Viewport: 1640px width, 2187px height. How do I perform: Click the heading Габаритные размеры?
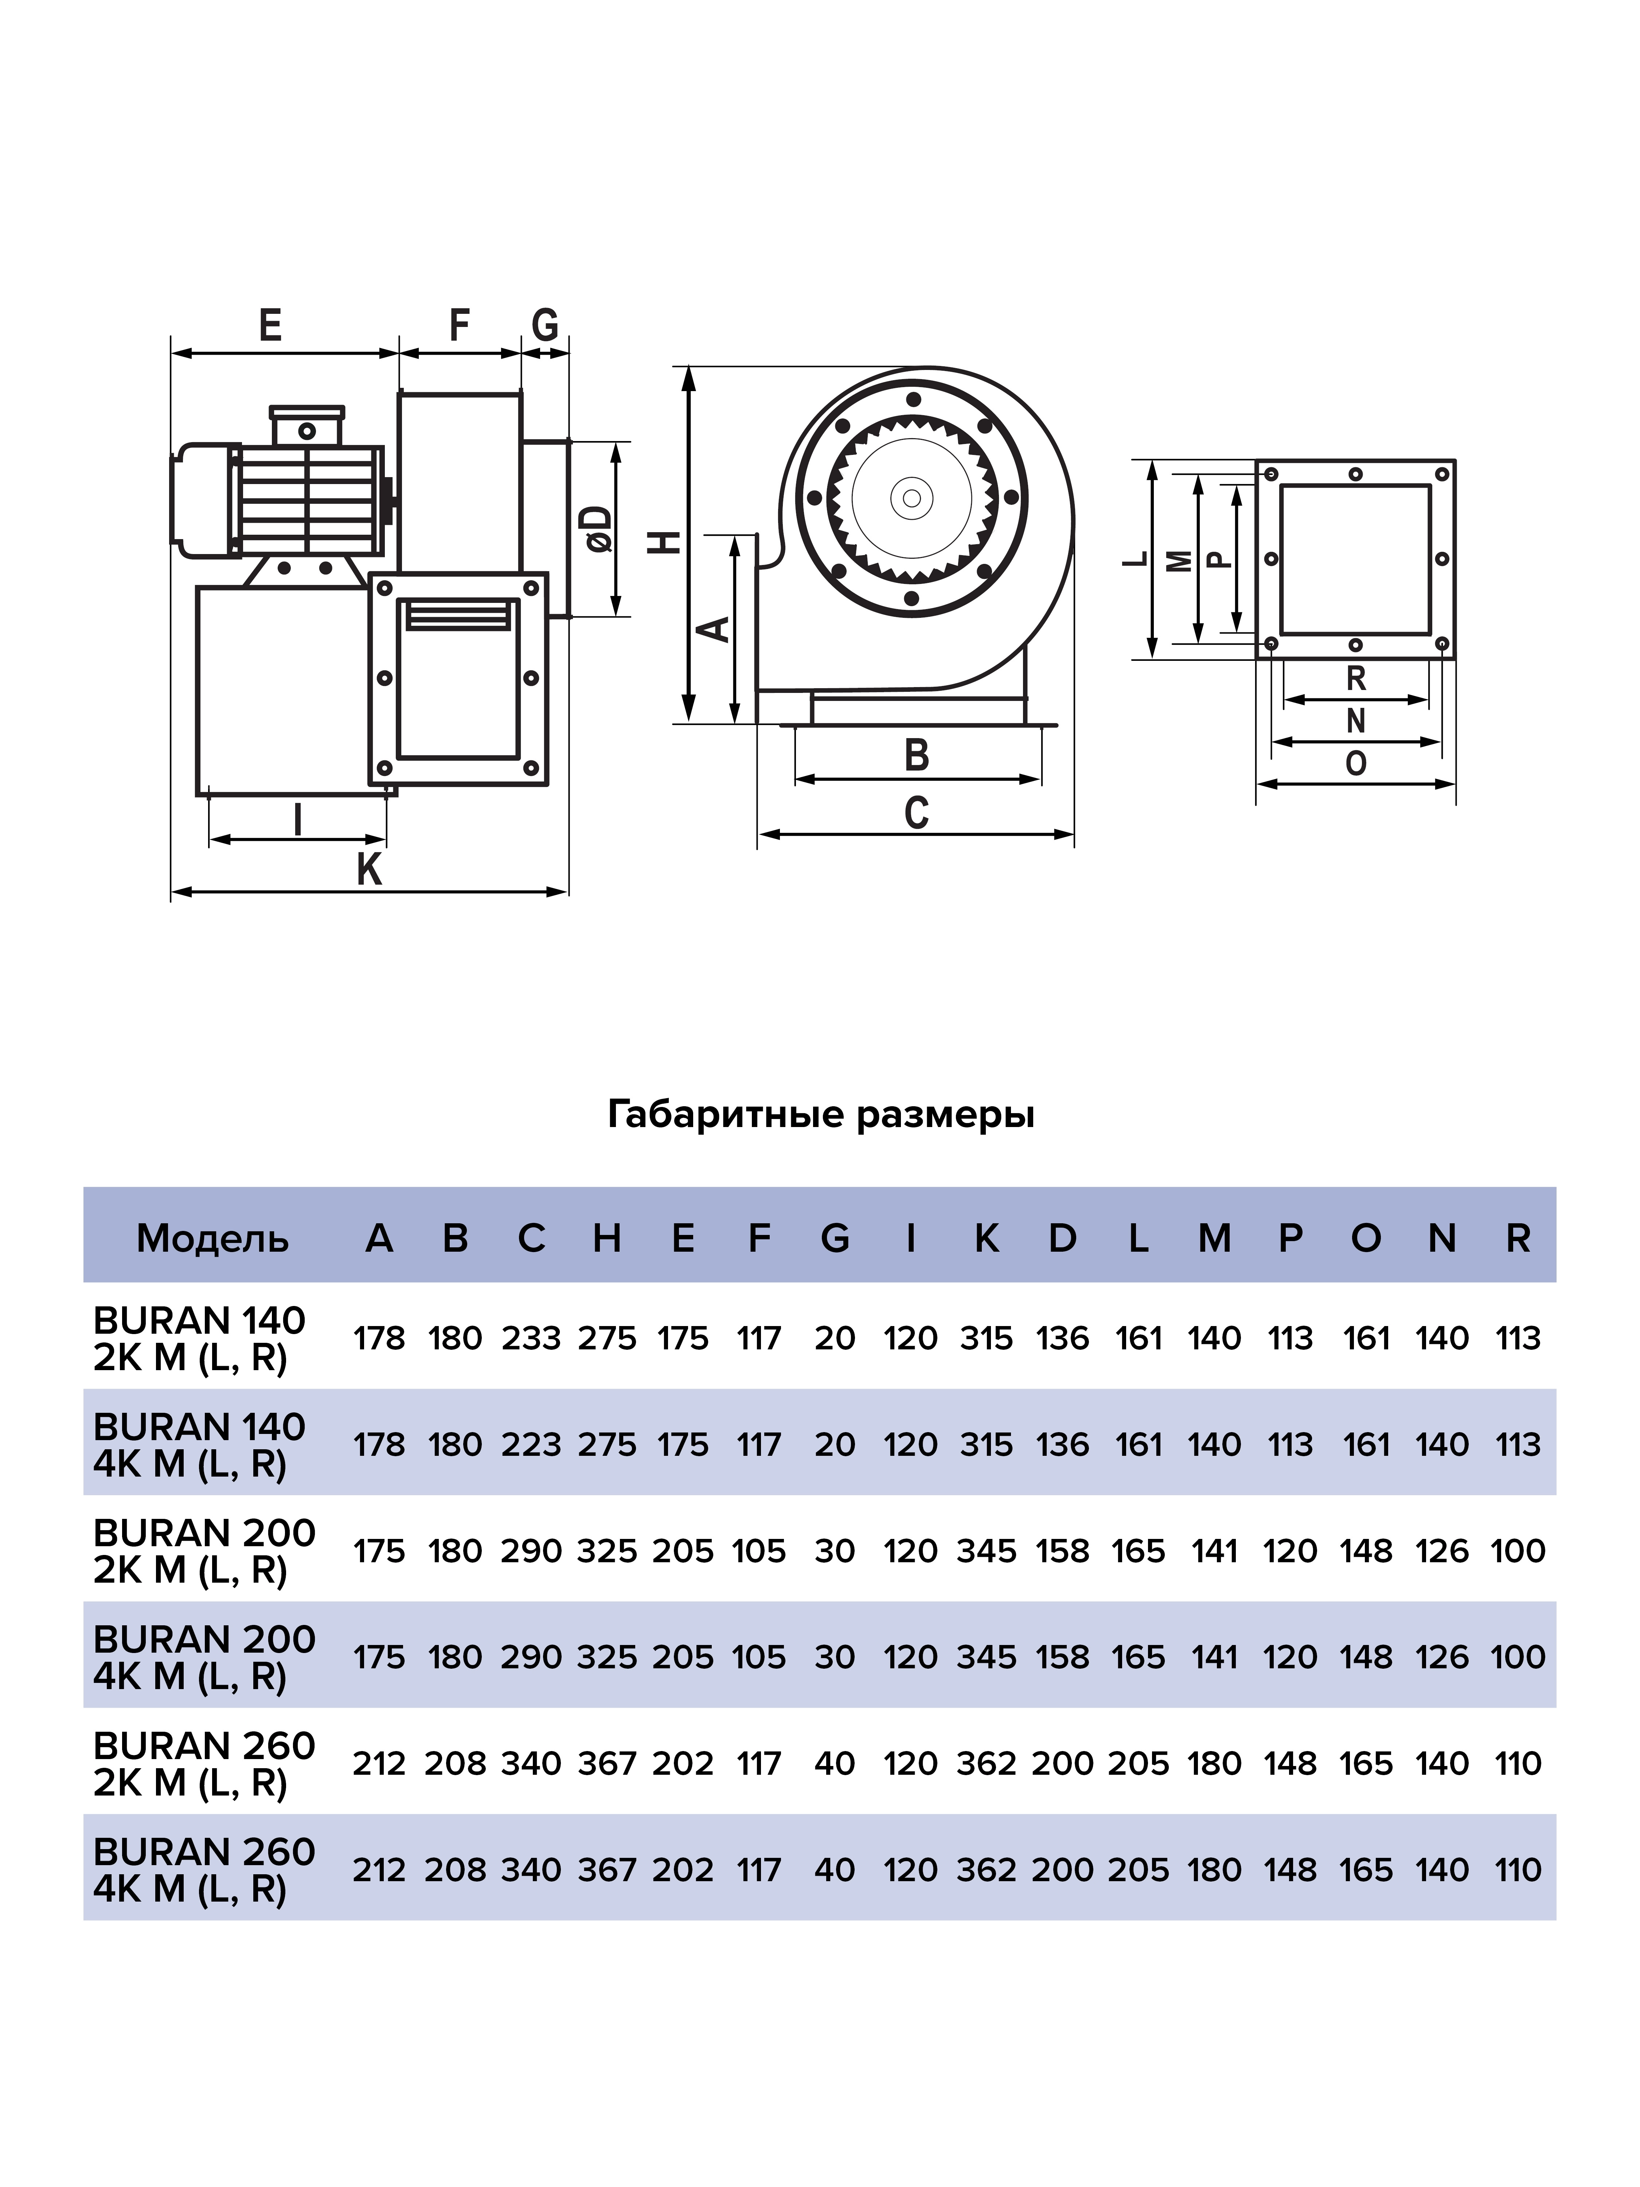tap(820, 1114)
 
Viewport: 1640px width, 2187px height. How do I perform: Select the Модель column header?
tap(212, 1238)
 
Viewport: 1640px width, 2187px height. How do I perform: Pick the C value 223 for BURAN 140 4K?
tap(531, 1445)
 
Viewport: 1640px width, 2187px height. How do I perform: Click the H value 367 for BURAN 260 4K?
tap(607, 1870)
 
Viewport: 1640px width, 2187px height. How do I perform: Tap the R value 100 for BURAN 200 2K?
tap(1518, 1550)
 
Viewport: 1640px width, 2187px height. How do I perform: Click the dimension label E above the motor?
tap(270, 325)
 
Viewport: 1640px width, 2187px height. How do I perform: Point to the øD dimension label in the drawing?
tap(597, 529)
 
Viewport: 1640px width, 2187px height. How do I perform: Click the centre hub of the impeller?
tap(911, 497)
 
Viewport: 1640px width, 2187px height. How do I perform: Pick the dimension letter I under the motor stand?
tap(297, 820)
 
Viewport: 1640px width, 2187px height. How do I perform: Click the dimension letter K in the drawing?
tap(369, 870)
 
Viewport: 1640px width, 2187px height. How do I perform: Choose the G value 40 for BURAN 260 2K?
tap(834, 1763)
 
